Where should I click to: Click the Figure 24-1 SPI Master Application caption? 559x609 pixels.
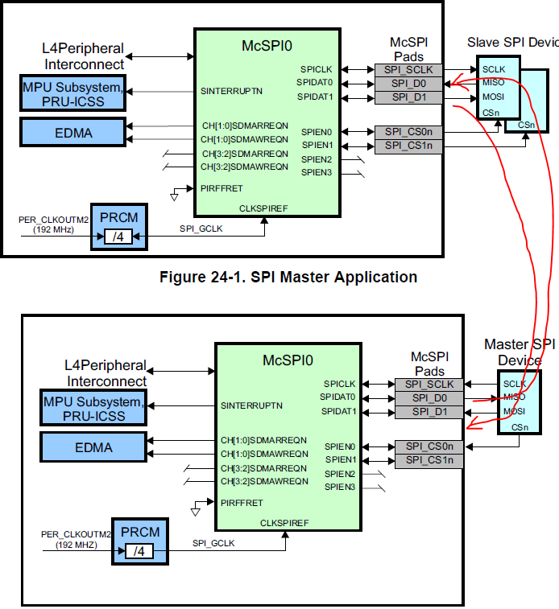pos(288,278)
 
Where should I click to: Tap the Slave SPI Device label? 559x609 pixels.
pos(512,42)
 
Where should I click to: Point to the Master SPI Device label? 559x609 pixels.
pos(520,352)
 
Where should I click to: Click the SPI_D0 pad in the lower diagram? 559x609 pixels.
pos(429,398)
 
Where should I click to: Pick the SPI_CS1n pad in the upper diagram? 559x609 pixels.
pos(409,146)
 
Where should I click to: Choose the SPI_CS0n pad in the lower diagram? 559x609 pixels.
pos(429,446)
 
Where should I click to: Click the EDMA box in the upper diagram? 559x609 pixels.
pos(73,130)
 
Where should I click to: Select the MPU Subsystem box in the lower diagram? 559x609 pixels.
pos(93,409)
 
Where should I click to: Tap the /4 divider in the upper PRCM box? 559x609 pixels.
pos(117,237)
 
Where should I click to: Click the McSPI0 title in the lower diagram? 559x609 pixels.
pos(288,360)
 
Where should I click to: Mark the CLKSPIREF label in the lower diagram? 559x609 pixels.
pos(284,523)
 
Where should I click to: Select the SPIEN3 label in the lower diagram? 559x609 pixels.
pos(339,487)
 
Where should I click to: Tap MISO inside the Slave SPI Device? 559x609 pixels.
pos(494,84)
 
